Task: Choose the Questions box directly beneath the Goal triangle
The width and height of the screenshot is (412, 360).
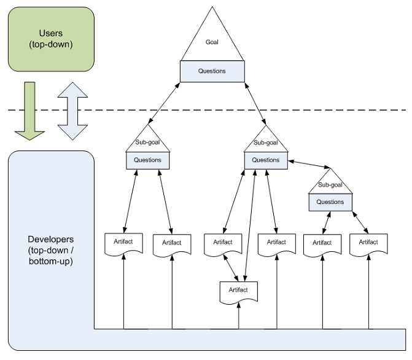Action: (212, 71)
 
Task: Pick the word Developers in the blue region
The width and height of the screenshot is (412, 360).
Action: (51, 239)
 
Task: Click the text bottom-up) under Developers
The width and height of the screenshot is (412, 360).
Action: (51, 262)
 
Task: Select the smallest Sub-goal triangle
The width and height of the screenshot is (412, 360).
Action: (330, 183)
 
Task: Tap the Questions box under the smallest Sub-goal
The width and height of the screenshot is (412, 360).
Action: (330, 202)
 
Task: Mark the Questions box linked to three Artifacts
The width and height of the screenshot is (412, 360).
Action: (266, 160)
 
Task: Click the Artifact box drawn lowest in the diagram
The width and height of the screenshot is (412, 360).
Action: (238, 291)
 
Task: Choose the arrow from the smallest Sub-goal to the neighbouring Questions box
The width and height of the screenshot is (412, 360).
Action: (310, 164)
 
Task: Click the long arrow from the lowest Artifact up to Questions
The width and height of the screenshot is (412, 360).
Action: (250, 224)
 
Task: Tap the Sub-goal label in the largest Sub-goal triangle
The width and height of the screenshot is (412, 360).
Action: (266, 143)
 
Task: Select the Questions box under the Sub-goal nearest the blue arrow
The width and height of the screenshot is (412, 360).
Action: (147, 160)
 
